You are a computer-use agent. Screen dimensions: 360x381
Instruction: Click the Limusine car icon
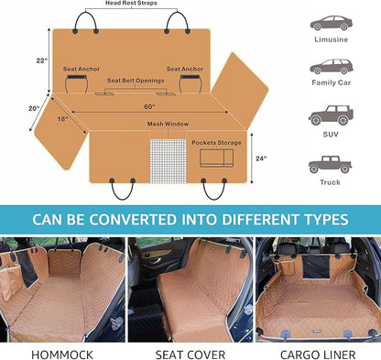point(329,24)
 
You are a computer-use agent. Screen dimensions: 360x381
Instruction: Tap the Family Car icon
point(329,67)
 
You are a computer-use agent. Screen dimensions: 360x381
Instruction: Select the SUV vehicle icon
point(329,115)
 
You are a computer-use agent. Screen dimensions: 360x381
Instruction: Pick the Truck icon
point(329,164)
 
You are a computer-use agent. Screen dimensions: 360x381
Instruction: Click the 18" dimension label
point(62,119)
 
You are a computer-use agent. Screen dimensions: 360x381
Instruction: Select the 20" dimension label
point(34,107)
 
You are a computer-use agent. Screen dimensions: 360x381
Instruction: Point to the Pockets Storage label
point(216,142)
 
